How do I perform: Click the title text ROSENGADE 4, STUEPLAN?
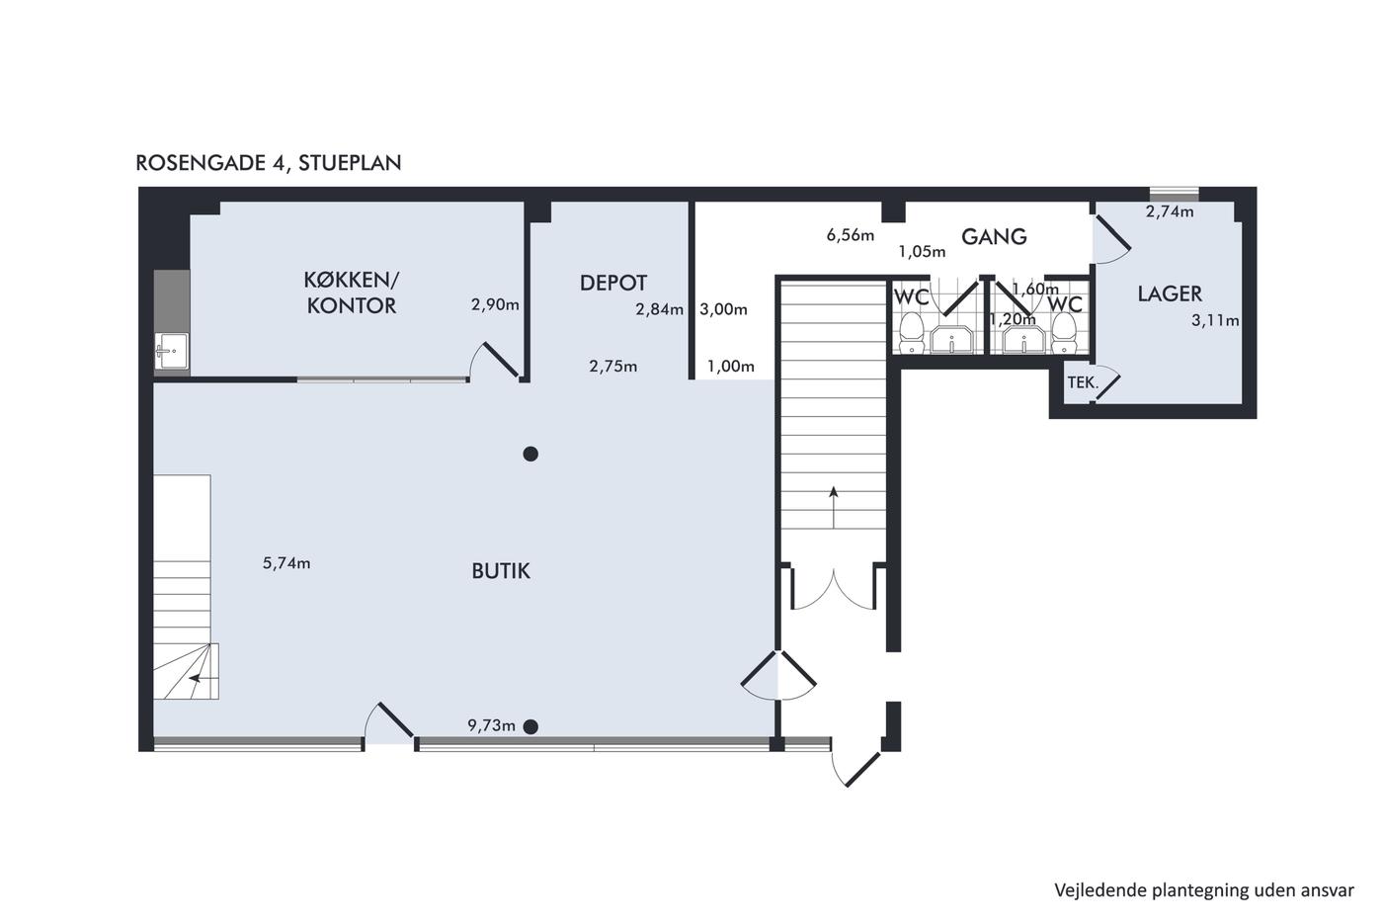(269, 163)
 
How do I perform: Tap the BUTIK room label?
(501, 571)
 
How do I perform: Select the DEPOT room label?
(613, 283)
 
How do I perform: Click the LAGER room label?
(1170, 293)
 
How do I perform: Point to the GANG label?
(994, 236)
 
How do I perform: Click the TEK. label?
(1083, 382)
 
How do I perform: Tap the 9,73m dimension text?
(492, 725)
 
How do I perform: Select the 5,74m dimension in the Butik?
(286, 563)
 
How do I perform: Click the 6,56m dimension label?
(851, 235)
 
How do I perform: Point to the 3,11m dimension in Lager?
(1215, 320)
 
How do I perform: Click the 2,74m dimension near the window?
(1170, 211)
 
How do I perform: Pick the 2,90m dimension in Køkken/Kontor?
(495, 304)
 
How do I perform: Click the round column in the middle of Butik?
(530, 454)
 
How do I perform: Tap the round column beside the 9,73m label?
(530, 727)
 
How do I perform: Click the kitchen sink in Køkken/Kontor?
(171, 352)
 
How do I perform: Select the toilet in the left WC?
(911, 333)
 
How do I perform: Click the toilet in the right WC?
(1063, 333)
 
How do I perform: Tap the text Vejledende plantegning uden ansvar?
(1204, 890)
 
